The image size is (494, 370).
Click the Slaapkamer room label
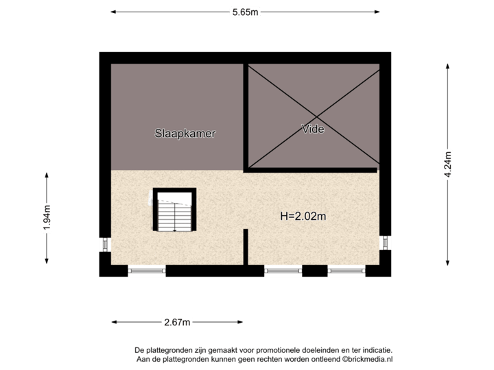point(185,134)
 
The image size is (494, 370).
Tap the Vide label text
point(313,128)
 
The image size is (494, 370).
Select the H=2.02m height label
point(303,217)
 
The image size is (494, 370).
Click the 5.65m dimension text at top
point(245,12)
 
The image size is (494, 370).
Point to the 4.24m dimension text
point(448,164)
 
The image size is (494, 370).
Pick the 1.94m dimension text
point(47,219)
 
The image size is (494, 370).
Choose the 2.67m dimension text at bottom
point(177,321)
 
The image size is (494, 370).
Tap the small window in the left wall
point(104,244)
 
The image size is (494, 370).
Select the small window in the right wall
point(386,243)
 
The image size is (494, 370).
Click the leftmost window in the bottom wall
point(147,271)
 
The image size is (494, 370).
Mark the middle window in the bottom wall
point(283,271)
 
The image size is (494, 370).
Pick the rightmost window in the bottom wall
point(346,271)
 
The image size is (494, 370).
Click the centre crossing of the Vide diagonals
point(313,116)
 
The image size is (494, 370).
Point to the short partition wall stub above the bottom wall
point(246,247)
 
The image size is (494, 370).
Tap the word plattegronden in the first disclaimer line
point(167,350)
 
